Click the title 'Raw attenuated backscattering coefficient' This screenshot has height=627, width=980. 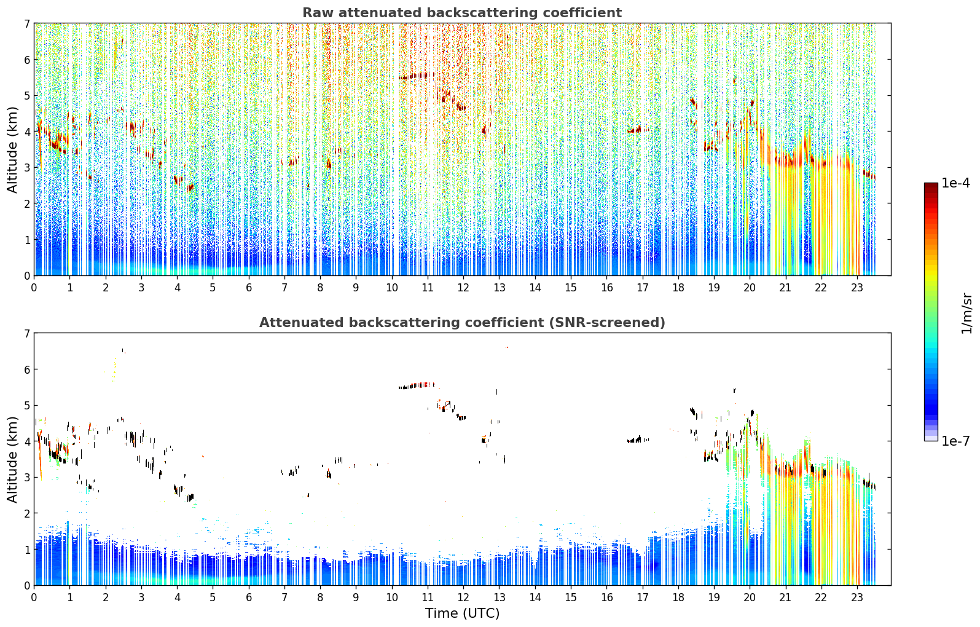click(462, 13)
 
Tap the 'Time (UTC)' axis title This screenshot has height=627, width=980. click(462, 613)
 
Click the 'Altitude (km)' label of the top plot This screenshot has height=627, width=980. click(12, 150)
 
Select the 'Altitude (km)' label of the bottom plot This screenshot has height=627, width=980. click(12, 459)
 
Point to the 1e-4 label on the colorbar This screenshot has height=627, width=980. click(955, 183)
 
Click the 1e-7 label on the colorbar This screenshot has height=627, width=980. click(955, 441)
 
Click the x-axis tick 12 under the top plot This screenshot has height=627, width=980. click(463, 288)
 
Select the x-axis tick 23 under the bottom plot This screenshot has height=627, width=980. click(857, 597)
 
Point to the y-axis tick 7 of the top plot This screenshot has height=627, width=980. click(26, 23)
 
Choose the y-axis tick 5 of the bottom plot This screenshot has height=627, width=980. click(26, 406)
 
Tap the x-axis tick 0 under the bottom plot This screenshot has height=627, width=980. click(34, 597)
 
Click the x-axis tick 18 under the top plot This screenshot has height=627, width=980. click(678, 288)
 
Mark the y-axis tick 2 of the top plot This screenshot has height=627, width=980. click(26, 203)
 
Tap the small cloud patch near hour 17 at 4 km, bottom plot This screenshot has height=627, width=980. click(638, 440)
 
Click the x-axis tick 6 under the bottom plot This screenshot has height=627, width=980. click(249, 597)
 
